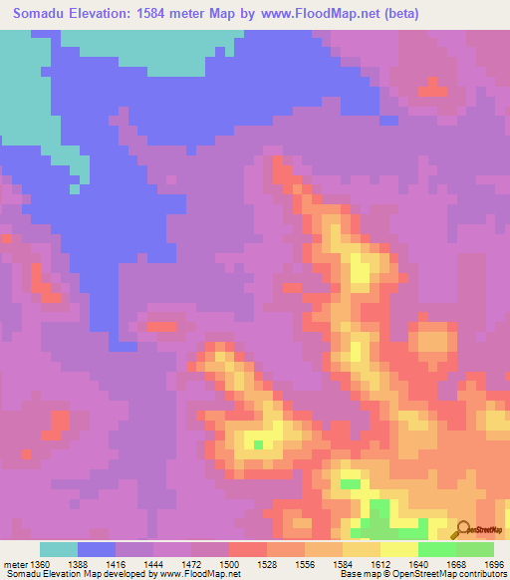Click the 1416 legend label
(x=115, y=563)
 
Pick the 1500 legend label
(x=229, y=563)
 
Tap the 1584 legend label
(x=343, y=563)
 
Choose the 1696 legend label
(x=494, y=563)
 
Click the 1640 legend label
(x=418, y=563)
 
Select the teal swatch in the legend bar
(x=59, y=549)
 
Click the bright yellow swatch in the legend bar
(x=399, y=549)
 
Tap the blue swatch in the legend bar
(x=97, y=549)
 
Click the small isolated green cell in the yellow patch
(x=259, y=444)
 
